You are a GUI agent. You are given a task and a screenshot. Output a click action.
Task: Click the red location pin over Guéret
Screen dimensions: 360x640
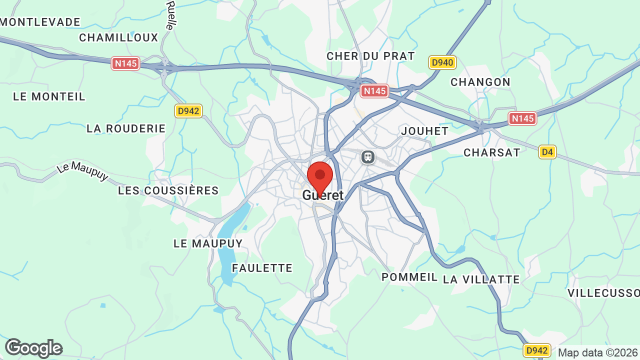click(x=320, y=176)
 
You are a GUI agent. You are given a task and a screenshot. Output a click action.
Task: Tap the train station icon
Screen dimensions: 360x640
click(x=368, y=157)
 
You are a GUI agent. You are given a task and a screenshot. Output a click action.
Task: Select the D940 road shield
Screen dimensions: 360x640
click(x=442, y=62)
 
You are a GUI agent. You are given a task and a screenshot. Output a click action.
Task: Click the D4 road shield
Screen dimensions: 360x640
click(x=547, y=152)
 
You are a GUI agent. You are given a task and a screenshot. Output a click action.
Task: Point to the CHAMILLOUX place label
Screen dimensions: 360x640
click(x=118, y=37)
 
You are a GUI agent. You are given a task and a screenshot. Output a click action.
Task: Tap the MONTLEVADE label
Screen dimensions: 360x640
click(x=40, y=22)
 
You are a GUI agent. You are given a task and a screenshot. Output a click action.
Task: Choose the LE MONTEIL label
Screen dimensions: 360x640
click(x=49, y=96)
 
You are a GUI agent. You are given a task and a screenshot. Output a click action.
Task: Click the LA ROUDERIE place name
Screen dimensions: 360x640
click(x=126, y=128)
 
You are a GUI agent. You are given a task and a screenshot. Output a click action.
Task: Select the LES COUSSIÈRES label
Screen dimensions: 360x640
click(x=168, y=190)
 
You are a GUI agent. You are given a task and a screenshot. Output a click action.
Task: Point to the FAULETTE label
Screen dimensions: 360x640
click(x=262, y=268)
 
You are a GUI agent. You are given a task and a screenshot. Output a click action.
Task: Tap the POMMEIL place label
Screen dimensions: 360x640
click(x=409, y=277)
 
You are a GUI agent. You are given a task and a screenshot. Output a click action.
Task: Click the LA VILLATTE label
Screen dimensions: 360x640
click(x=481, y=279)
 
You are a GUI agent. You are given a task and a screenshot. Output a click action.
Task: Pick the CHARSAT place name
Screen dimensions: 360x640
click(x=492, y=152)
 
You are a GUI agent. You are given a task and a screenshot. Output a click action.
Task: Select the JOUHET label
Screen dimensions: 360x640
click(x=425, y=131)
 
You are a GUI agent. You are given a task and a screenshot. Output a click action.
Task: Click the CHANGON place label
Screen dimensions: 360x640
click(x=480, y=82)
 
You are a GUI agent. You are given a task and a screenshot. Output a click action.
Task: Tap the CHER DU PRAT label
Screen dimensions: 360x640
click(x=371, y=56)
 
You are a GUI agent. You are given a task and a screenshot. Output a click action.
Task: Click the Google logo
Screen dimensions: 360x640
click(x=34, y=348)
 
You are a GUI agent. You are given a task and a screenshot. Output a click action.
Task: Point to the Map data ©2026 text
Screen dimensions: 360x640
click(x=597, y=352)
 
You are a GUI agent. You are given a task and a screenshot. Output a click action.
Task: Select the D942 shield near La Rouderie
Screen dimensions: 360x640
click(x=188, y=111)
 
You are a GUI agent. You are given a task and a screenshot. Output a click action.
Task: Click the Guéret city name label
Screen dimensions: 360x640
click(x=323, y=195)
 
